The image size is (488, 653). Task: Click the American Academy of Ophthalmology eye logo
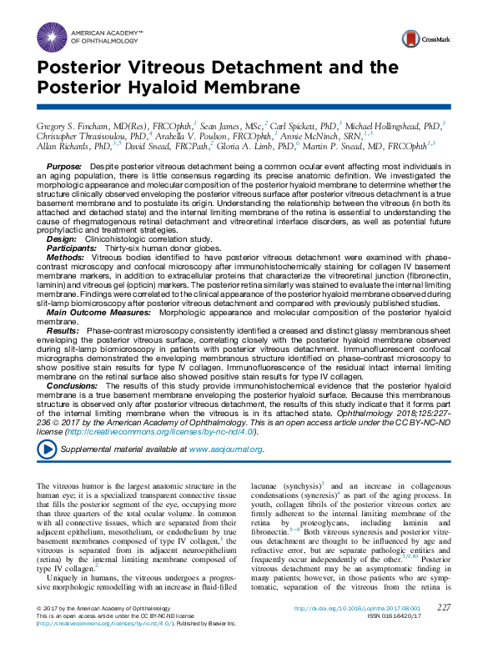(52, 35)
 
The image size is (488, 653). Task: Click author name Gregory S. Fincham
(73, 123)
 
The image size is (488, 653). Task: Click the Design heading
(61, 238)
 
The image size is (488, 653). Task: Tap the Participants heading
(71, 248)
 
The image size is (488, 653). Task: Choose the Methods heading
(65, 259)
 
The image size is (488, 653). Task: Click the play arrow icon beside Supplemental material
(47, 449)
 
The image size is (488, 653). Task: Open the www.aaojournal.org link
(226, 450)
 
